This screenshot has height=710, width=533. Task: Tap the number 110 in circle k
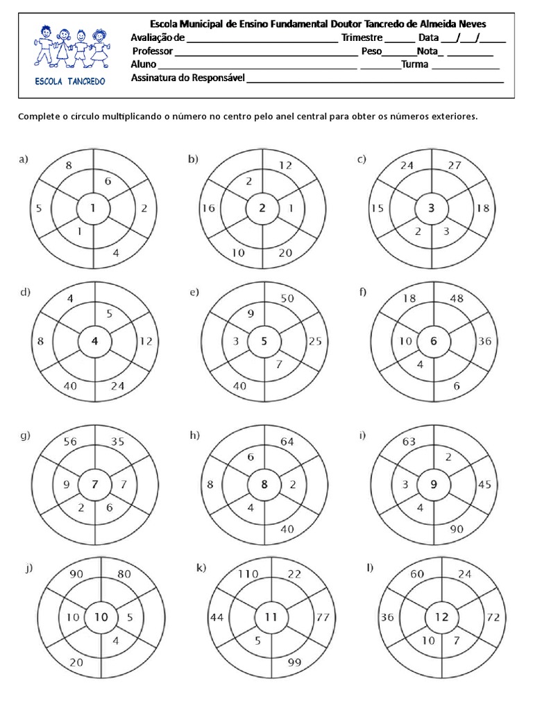tap(248, 574)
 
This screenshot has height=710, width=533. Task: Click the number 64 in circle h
tap(286, 442)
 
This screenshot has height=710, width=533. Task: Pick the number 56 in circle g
tap(69, 440)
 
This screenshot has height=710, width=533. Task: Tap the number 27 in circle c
tap(455, 166)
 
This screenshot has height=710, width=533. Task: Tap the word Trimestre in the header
tap(362, 38)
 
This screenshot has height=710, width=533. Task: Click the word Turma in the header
tap(415, 65)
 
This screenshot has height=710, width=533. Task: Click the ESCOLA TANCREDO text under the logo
tap(70, 81)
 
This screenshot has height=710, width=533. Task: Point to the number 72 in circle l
tap(493, 616)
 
